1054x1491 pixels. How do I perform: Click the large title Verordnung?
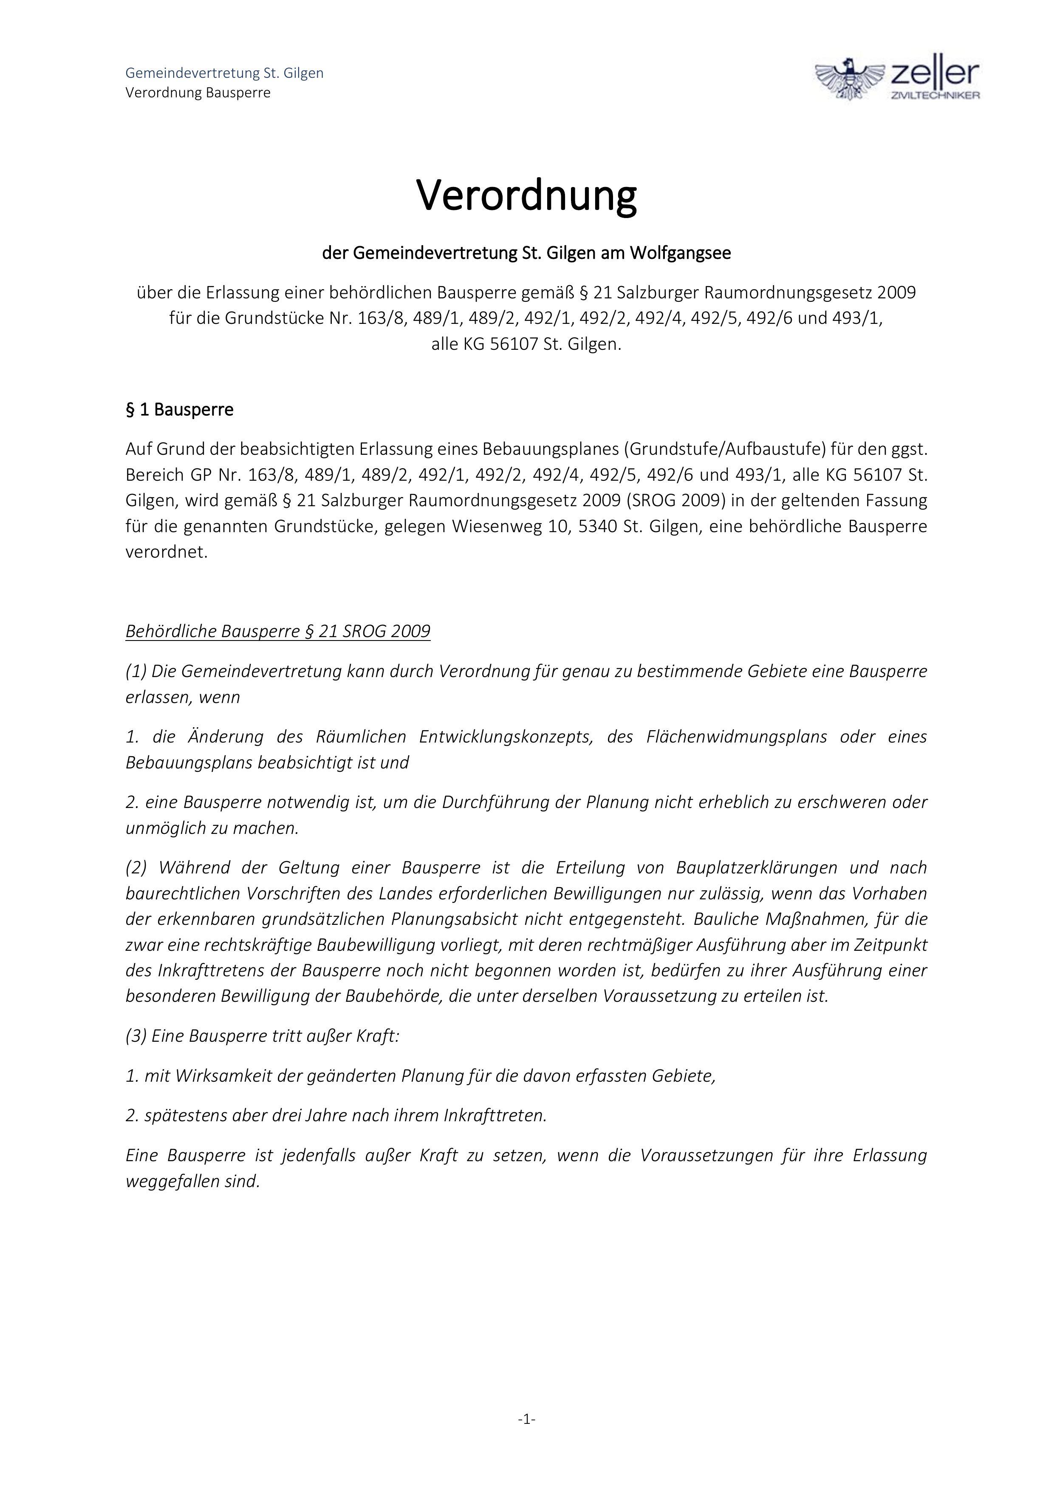(x=526, y=194)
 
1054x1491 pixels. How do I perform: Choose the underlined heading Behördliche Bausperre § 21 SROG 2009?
(x=278, y=631)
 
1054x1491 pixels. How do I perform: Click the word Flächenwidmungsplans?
(x=736, y=737)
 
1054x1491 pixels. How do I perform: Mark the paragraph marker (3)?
(x=136, y=1036)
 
